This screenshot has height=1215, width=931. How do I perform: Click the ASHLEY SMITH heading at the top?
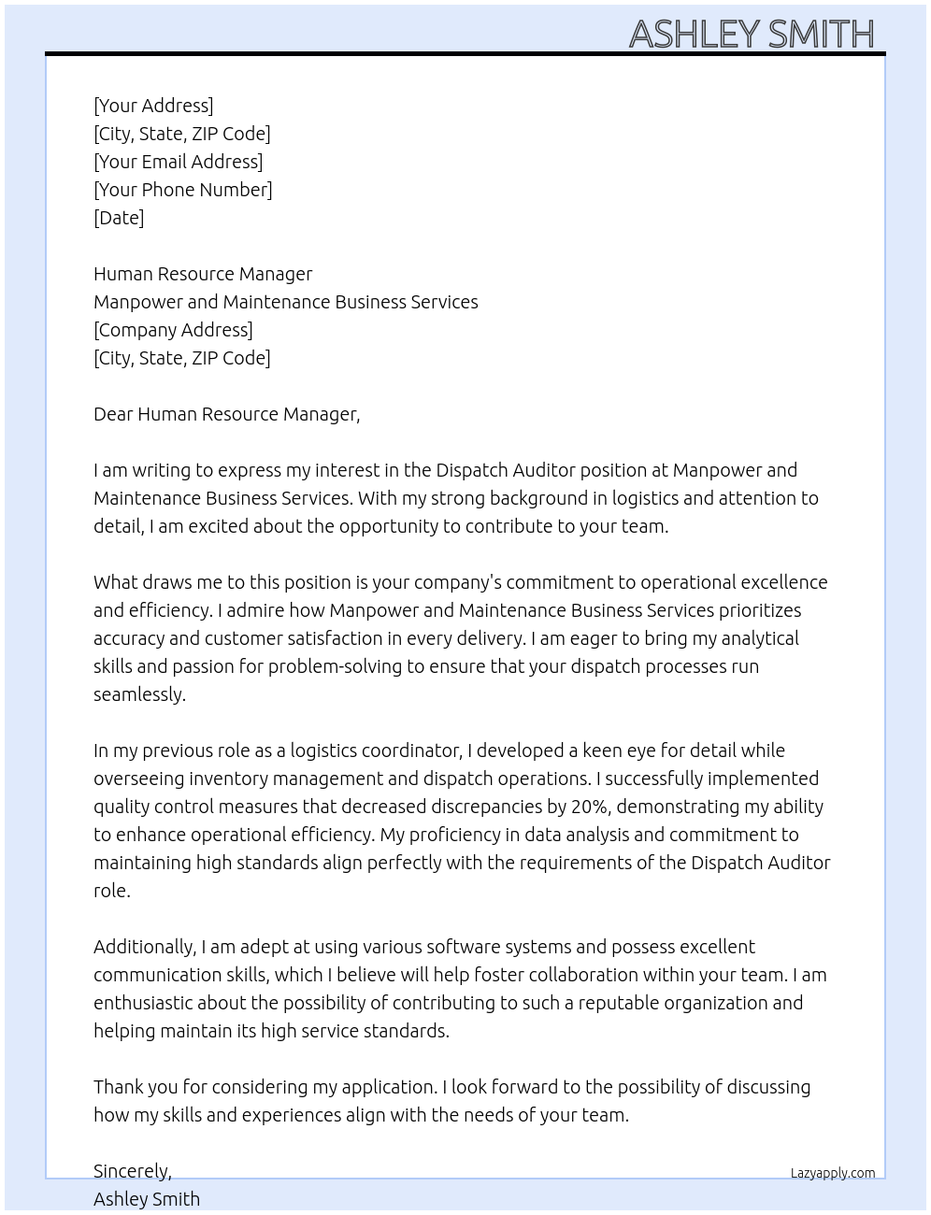point(752,34)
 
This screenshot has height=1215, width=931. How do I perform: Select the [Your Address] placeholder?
point(153,106)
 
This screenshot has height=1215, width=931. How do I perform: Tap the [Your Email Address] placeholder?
point(178,162)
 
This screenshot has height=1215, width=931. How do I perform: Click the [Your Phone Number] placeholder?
point(182,190)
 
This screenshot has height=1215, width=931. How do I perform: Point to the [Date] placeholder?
point(119,218)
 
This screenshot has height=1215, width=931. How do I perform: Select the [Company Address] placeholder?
point(173,330)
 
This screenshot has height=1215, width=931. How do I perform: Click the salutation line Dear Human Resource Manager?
point(226,414)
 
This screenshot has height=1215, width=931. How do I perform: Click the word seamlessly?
point(139,694)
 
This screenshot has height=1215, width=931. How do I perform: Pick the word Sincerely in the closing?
point(132,1171)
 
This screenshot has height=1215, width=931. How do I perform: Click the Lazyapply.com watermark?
point(832,1173)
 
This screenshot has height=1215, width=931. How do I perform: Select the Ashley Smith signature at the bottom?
point(147,1199)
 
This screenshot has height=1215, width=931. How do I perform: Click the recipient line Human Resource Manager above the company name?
point(203,274)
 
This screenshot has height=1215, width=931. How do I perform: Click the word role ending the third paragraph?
point(111,891)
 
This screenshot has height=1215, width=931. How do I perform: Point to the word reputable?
point(622,1003)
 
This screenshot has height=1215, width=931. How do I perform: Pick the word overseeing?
point(138,779)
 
